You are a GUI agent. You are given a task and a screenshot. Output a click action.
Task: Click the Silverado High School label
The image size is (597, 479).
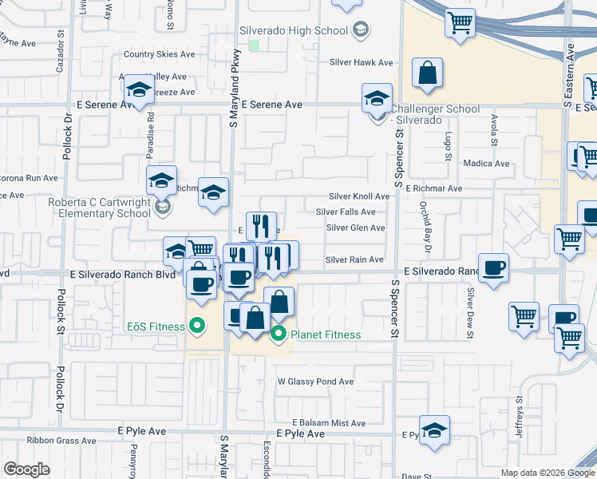[x=294, y=30]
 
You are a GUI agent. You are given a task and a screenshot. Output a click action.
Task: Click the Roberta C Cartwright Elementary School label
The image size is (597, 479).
[x=100, y=208]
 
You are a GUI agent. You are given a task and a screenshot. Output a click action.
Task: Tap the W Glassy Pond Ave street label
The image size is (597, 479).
[x=315, y=382]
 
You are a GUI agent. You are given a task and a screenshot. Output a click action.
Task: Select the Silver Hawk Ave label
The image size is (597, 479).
[x=362, y=62]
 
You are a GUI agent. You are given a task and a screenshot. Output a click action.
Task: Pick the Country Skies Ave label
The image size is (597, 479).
[x=159, y=54]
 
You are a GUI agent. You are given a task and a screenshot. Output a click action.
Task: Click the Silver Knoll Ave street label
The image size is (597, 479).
[x=359, y=196]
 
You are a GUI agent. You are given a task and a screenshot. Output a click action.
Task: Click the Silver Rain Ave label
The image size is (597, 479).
[x=355, y=259]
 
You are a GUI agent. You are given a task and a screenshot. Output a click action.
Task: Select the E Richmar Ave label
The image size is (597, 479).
[x=433, y=188]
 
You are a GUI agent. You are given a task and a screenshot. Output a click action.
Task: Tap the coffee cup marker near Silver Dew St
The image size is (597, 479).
[x=493, y=267]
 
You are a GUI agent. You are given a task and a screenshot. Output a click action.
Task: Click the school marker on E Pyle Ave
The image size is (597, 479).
[x=434, y=430]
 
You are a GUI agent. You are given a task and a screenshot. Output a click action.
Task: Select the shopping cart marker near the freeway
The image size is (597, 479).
[x=460, y=23]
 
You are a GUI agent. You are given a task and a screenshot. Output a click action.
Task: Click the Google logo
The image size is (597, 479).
[x=27, y=469]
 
